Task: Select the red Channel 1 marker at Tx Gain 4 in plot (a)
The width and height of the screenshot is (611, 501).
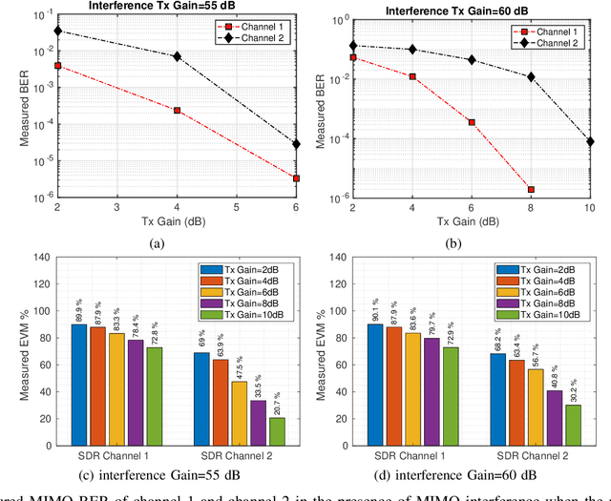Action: (x=178, y=111)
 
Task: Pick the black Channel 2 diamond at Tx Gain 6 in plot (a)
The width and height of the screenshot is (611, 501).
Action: (x=296, y=144)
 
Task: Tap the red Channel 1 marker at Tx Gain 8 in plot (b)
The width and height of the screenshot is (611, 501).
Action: (x=531, y=189)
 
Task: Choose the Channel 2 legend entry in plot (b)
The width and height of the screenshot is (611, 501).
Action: (x=557, y=44)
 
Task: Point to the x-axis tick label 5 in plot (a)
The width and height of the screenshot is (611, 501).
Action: (x=237, y=207)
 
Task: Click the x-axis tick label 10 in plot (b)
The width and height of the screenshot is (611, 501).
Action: (x=590, y=208)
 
